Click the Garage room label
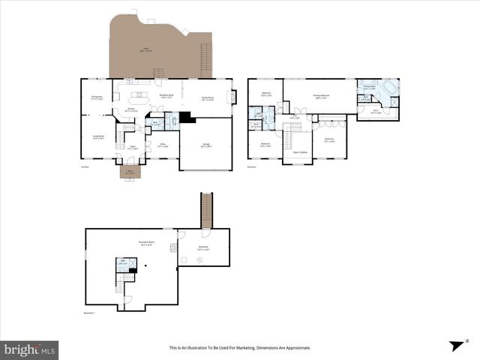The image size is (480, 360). click(205, 146)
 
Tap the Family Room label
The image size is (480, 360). click(207, 97)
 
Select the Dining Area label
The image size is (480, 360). click(97, 97)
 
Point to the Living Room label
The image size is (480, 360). click(97, 136)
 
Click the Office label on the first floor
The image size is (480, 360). click(163, 145)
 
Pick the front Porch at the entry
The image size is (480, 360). click(129, 172)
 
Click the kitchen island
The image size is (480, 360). click(140, 95)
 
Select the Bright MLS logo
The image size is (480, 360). click(30, 349)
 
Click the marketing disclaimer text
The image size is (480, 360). click(239, 348)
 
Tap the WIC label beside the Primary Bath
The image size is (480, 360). click(376, 112)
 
